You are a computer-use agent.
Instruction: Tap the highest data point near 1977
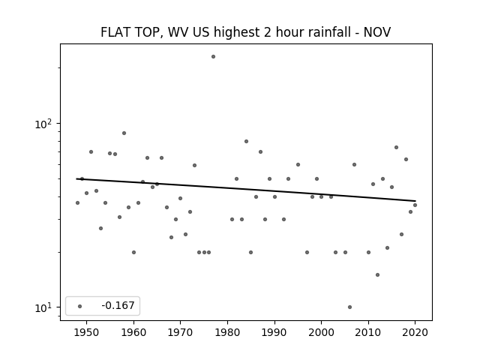213,57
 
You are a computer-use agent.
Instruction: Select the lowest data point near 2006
350,307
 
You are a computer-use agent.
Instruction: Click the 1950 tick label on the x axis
87,332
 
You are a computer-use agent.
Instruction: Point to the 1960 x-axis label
133,332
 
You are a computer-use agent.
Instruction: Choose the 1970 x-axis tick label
181,332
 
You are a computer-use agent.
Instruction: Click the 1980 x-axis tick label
228,332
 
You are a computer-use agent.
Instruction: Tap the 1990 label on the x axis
274,332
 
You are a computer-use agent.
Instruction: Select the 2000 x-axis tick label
322,332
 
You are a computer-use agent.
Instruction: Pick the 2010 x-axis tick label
368,332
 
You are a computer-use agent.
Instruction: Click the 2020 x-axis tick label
415,332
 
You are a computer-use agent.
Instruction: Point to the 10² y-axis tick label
43,124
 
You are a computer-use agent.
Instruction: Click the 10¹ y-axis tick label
43,307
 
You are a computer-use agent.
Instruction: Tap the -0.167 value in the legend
118,305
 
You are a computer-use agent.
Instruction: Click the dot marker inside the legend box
80,306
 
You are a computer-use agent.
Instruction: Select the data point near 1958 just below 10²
124,133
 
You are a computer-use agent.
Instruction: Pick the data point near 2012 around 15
378,275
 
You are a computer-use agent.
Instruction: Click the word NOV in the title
377,32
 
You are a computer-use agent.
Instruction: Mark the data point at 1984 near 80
247,142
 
